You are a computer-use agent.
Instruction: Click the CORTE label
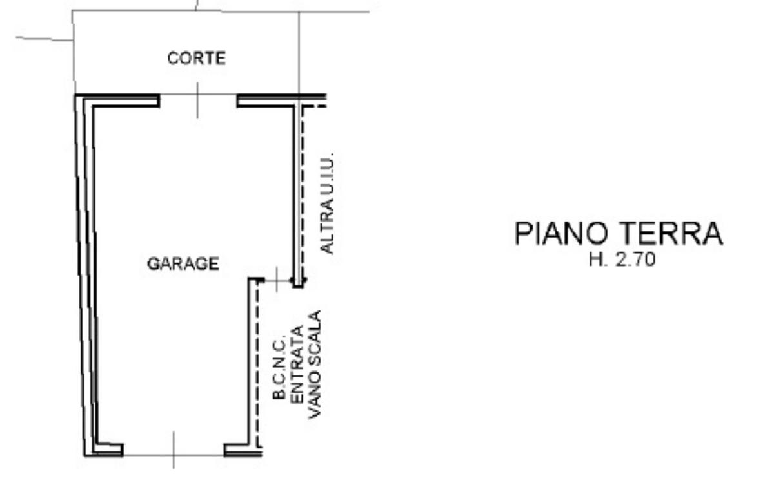(197, 58)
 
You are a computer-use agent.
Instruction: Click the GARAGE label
(183, 263)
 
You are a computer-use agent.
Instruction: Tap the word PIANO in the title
(561, 234)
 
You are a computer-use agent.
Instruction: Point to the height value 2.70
(635, 260)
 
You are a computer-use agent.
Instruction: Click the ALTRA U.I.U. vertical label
(327, 203)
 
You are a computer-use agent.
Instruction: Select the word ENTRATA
(297, 365)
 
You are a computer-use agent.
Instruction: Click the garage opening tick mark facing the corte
(197, 100)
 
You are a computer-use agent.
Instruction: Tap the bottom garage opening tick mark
(174, 450)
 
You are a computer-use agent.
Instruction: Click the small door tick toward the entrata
(277, 279)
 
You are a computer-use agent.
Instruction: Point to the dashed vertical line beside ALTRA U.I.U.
(303, 193)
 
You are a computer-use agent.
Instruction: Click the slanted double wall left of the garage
(86, 276)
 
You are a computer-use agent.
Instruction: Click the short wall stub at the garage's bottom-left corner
(108, 450)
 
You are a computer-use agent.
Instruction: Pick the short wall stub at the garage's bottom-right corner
(243, 450)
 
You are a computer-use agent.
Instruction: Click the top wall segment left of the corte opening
(117, 100)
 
